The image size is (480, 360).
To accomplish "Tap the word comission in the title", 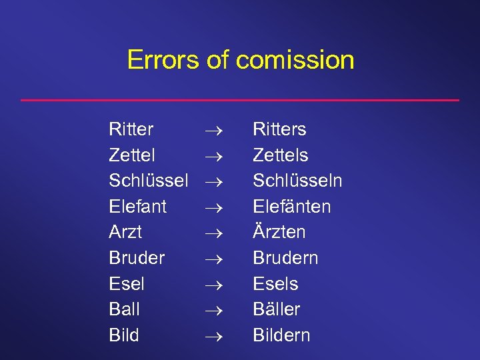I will click(x=295, y=60).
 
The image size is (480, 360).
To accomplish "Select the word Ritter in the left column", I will click(x=131, y=129).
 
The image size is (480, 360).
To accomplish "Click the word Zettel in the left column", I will click(x=132, y=155).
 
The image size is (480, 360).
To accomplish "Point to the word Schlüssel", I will click(x=149, y=180).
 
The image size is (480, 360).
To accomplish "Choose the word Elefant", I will click(x=138, y=206).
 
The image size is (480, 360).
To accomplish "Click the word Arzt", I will click(x=125, y=232).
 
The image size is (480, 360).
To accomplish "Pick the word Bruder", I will click(x=137, y=257).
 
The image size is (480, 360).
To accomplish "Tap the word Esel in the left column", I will click(x=127, y=283).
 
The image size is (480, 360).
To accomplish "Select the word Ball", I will click(x=124, y=309).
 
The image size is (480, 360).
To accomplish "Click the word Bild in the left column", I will click(x=124, y=335).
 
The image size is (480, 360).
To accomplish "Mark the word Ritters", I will click(x=279, y=129).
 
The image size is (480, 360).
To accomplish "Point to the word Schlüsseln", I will click(x=297, y=180).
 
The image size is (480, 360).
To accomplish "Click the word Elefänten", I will click(x=291, y=206).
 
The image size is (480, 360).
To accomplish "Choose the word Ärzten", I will click(x=279, y=231).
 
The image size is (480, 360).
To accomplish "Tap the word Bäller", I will click(x=276, y=309).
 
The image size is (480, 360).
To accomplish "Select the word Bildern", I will click(x=281, y=335).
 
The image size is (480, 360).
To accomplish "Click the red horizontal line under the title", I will click(x=240, y=100).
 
